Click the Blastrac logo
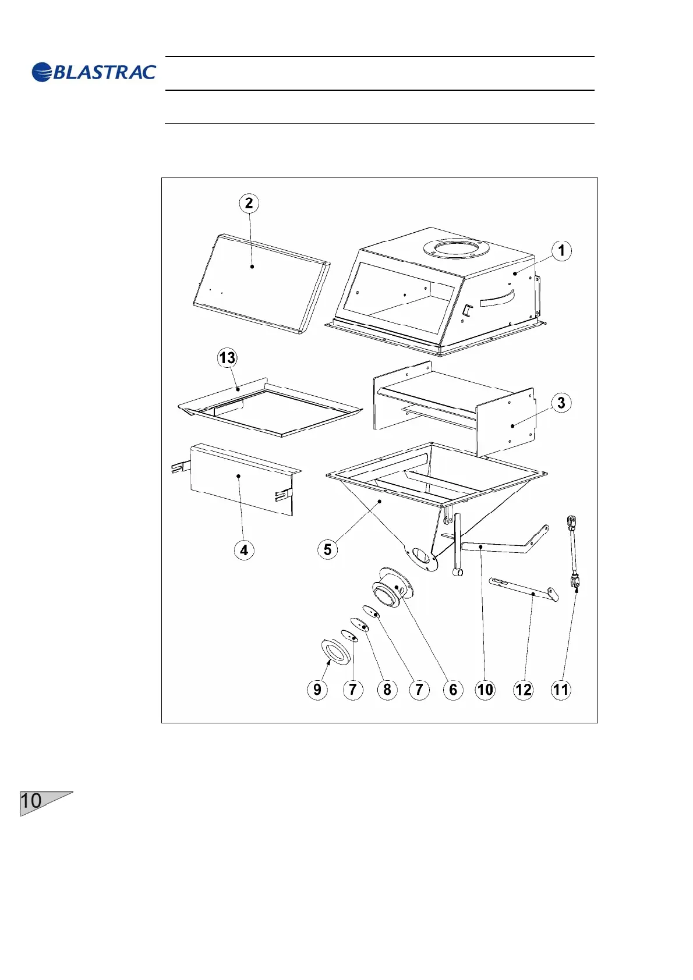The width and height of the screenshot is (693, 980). point(94,72)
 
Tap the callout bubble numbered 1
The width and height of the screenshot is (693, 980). point(561,251)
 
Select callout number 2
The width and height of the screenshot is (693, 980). point(249,203)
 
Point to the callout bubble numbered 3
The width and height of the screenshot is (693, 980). point(561,403)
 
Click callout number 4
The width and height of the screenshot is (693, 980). point(244,550)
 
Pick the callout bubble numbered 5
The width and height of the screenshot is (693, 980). point(327,549)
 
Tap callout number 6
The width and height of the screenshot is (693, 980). point(453,690)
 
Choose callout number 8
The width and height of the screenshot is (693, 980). point(387,690)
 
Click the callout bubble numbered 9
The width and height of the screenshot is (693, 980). point(317,690)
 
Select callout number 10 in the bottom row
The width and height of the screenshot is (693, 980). point(485,690)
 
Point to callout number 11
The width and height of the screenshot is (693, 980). point(561,690)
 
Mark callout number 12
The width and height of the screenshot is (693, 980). point(523,690)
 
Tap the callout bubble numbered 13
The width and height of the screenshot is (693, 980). point(227,357)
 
